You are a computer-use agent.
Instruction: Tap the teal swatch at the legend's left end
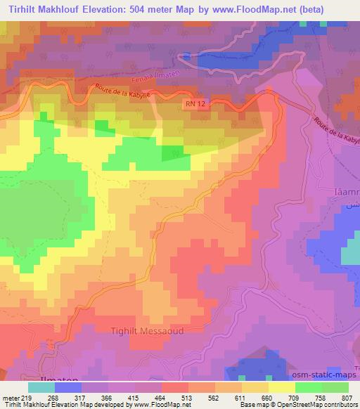[41, 387]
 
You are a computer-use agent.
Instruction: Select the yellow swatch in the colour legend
[282, 387]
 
